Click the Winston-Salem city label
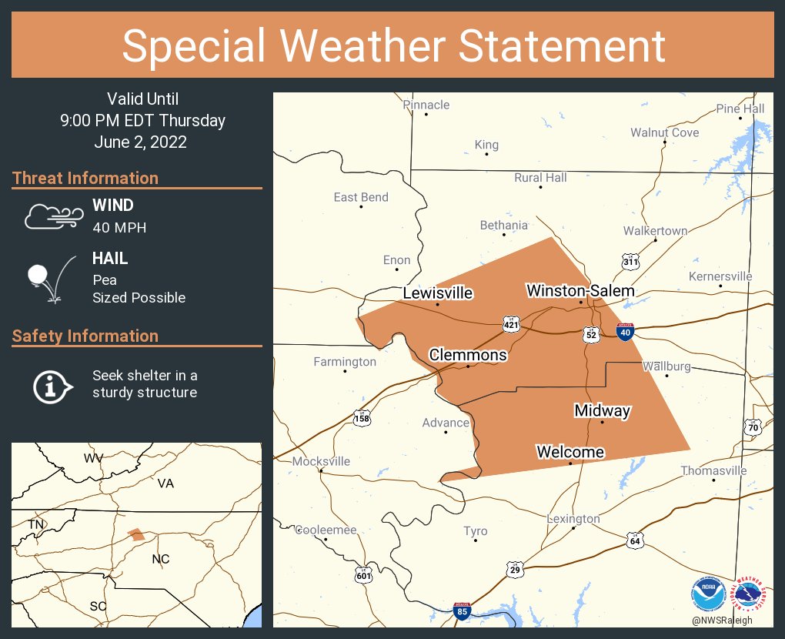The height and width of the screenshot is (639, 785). tap(580, 290)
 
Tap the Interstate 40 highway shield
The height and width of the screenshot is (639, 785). tap(626, 333)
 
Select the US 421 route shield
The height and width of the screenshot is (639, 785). tap(511, 325)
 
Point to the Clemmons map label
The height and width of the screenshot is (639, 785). tap(468, 354)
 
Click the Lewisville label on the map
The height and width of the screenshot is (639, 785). tap(438, 293)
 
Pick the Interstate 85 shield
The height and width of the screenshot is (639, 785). tap(462, 612)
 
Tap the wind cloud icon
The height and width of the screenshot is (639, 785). tap(52, 216)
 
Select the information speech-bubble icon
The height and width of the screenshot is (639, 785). tap(52, 384)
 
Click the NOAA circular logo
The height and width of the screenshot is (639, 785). tap(708, 595)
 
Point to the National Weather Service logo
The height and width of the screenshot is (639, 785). tap(750, 595)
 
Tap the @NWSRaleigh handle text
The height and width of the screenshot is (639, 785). tap(722, 621)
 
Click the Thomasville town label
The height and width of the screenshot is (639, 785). tap(713, 470)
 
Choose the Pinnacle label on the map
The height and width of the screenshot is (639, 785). tap(426, 105)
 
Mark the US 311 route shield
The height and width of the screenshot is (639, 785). tap(630, 262)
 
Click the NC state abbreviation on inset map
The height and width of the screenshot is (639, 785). tap(161, 559)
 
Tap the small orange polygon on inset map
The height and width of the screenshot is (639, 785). tap(136, 534)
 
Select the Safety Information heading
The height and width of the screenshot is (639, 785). tap(85, 336)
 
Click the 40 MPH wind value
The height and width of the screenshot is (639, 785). tap(119, 227)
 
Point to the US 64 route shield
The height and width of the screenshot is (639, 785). tap(633, 540)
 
